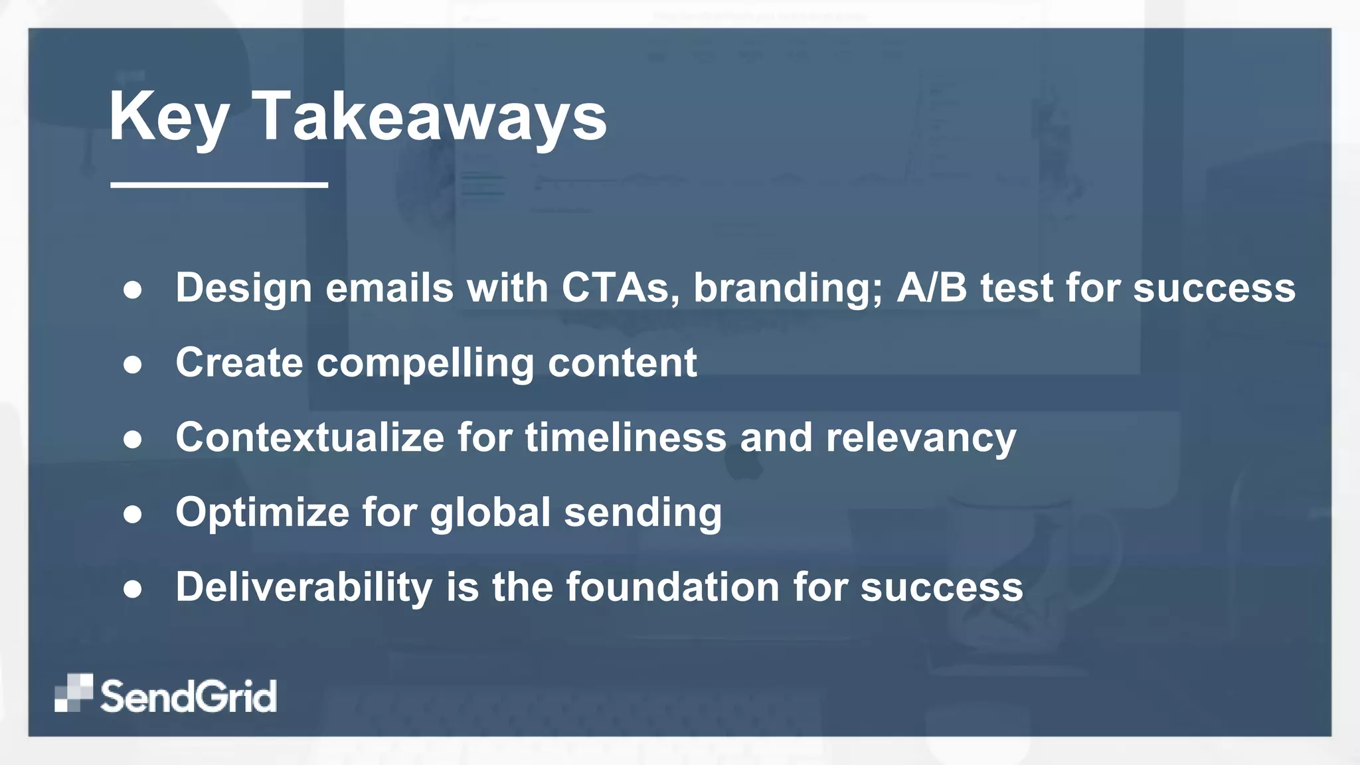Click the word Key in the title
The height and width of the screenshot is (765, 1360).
pyautogui.click(x=169, y=118)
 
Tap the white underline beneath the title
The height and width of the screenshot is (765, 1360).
pyautogui.click(x=219, y=185)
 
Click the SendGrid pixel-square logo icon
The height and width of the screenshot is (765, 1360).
pyautogui.click(x=73, y=693)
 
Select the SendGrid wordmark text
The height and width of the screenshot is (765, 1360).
pyautogui.click(x=189, y=696)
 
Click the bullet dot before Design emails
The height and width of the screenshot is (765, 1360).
pyautogui.click(x=133, y=290)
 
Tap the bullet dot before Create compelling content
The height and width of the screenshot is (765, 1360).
pyautogui.click(x=133, y=365)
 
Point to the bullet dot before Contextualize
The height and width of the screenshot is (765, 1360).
pyautogui.click(x=133, y=440)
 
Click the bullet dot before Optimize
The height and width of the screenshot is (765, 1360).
pyautogui.click(x=133, y=515)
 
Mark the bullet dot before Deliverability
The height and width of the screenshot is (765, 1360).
pyautogui.click(x=133, y=589)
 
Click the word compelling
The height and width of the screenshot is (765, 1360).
pyautogui.click(x=425, y=364)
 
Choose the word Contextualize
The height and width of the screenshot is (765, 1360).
pyautogui.click(x=309, y=438)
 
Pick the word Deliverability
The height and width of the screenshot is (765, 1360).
pyautogui.click(x=303, y=588)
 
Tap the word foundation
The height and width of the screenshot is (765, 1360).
pyautogui.click(x=672, y=588)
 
